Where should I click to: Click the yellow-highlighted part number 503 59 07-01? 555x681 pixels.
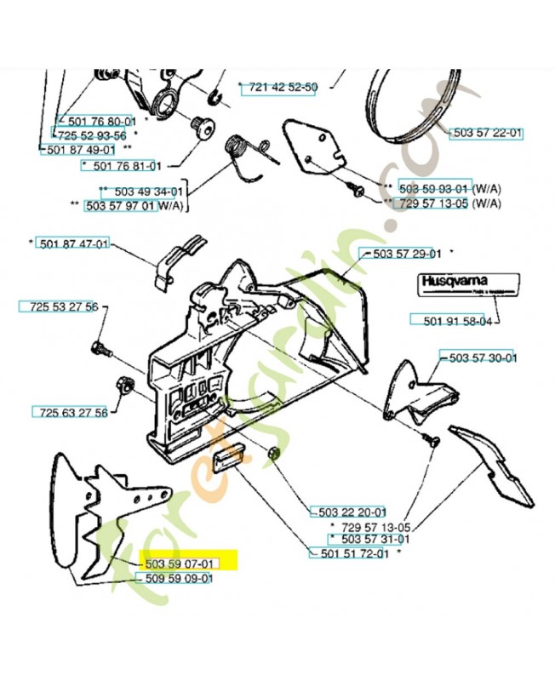(x=177, y=564)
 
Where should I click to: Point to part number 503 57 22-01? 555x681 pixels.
(x=487, y=134)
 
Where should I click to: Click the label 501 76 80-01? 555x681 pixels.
(x=95, y=122)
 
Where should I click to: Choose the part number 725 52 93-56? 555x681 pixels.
(x=92, y=135)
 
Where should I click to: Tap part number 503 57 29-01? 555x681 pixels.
(x=402, y=253)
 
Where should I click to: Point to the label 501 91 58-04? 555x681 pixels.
(x=458, y=321)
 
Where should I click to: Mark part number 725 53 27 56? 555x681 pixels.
(x=59, y=306)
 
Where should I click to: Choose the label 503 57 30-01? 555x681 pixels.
(x=478, y=358)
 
